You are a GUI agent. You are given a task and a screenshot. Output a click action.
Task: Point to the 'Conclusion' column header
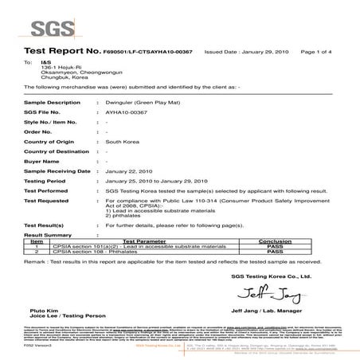click(296, 239)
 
